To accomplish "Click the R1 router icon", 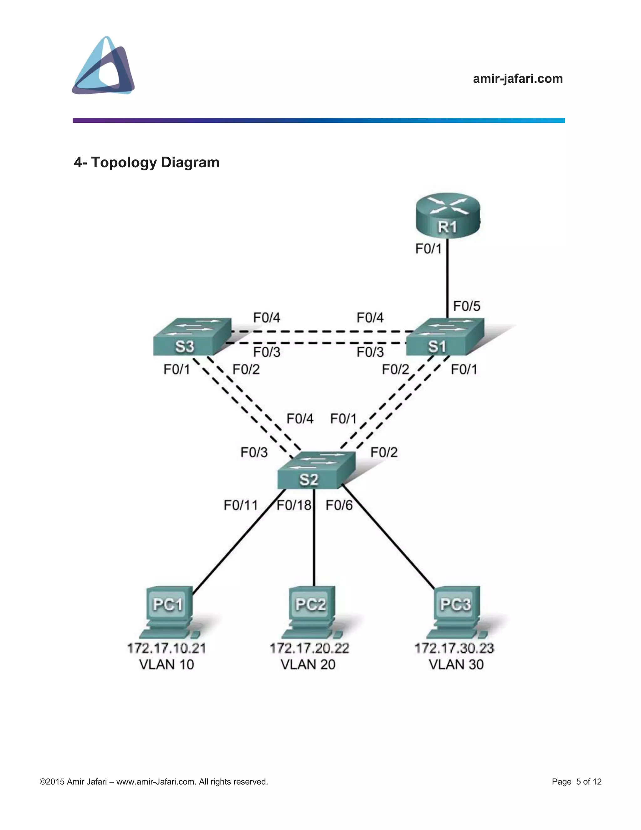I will click(x=448, y=216).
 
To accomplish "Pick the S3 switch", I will click(x=192, y=337).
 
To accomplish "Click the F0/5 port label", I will click(x=466, y=306).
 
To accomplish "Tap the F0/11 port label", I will click(x=240, y=506).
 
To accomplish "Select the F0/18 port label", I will click(x=294, y=506).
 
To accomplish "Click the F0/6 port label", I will click(x=339, y=506).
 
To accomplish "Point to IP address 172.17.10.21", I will click(x=166, y=648).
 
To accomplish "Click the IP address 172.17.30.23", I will click(x=454, y=648).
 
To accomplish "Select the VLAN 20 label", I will click(x=308, y=665).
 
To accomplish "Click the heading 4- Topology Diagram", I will click(x=146, y=162).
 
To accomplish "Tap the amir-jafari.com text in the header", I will click(x=518, y=79).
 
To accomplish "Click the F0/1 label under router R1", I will click(x=428, y=249).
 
